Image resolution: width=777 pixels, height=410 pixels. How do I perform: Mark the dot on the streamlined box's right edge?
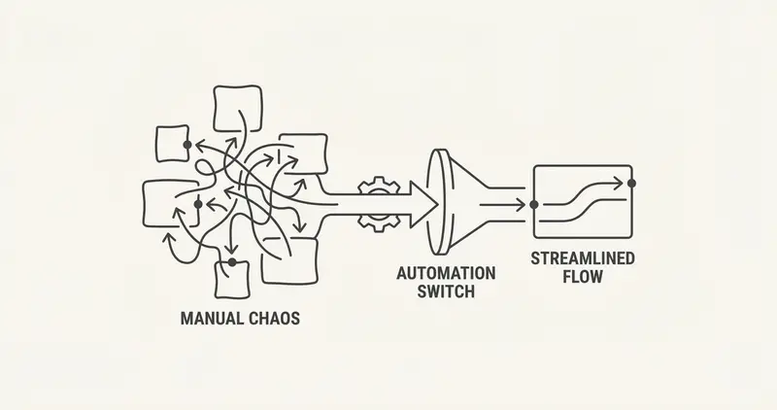tap(631, 182)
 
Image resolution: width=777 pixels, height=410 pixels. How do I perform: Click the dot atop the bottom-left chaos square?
tap(232, 262)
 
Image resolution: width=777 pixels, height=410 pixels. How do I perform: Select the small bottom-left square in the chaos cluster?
tap(233, 279)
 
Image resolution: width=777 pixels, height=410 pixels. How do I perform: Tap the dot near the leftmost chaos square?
tap(198, 203)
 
